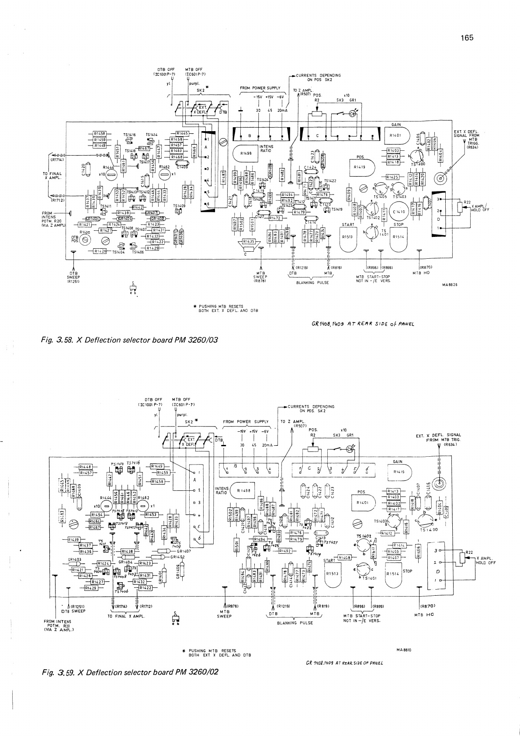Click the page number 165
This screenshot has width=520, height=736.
click(467, 38)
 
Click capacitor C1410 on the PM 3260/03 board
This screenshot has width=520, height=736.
click(399, 212)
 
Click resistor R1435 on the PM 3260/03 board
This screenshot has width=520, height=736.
click(248, 241)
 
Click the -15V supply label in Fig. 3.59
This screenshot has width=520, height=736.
click(241, 431)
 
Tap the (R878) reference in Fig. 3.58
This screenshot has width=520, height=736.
click(261, 281)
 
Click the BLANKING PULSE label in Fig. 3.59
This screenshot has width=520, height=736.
click(295, 623)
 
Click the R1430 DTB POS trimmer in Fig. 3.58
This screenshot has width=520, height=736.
click(85, 240)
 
